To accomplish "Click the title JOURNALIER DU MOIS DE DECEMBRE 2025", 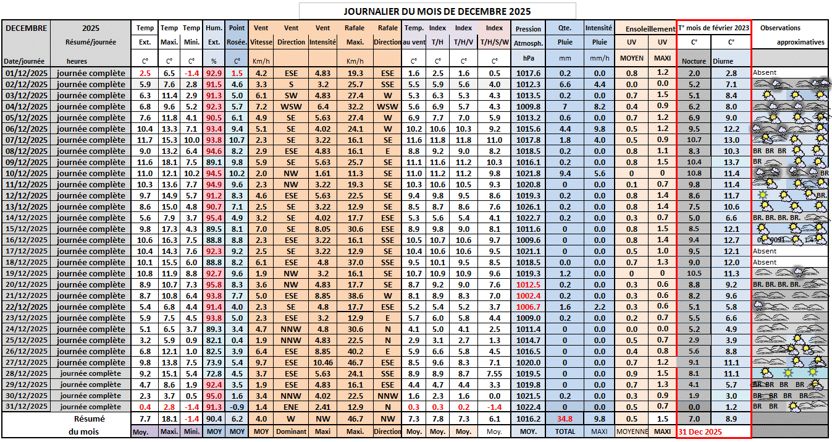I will (437, 11).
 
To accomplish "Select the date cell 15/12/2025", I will (25, 228).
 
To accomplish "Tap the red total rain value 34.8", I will (565, 419).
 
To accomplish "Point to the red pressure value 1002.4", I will (528, 295).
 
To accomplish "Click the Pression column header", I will (528, 28).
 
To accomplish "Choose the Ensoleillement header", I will (650, 28).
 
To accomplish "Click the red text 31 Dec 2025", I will (700, 431).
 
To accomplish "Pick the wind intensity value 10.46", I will (322, 362).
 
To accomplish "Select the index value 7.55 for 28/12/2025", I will (494, 373).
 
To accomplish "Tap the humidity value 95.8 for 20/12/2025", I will (214, 284).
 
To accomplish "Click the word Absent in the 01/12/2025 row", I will (765, 73).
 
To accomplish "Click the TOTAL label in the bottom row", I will (565, 431).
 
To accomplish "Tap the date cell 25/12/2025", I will (25, 340).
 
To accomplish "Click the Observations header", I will (780, 28).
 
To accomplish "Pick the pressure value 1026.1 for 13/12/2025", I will (528, 206).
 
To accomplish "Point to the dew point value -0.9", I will (237, 407).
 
